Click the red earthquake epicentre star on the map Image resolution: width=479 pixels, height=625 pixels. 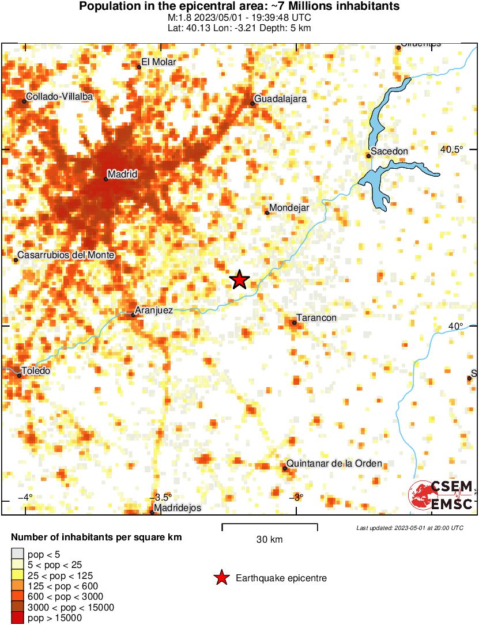[239, 280]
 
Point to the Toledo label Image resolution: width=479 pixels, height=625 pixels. [36, 370]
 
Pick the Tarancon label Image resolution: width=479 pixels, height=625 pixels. [316, 317]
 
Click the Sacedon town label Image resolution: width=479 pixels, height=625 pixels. [390, 151]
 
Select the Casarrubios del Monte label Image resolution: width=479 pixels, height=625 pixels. [67, 255]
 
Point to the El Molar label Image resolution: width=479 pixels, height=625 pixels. [159, 62]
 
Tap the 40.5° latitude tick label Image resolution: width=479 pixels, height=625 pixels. [452, 149]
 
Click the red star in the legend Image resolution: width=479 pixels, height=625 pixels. [220, 578]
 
